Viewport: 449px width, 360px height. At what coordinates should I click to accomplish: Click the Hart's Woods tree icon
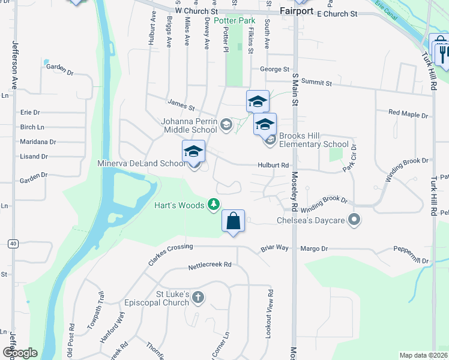coord(213,205)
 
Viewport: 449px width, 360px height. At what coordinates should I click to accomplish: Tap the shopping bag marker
coord(234,221)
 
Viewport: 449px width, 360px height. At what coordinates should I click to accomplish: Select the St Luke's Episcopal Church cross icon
coord(198,298)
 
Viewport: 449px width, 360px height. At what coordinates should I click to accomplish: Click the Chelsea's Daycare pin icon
coord(354,220)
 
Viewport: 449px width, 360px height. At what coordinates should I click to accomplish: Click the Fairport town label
coord(297,11)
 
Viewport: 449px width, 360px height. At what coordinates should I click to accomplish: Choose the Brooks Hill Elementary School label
coord(314,144)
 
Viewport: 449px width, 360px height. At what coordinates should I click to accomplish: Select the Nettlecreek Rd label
coord(209,265)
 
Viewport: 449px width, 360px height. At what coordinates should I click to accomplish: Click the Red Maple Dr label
coord(408,113)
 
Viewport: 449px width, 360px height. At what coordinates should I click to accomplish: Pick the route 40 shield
coord(12,243)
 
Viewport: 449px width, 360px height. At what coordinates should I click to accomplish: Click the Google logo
coord(19,353)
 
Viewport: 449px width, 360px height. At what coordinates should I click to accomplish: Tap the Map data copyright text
coord(423,355)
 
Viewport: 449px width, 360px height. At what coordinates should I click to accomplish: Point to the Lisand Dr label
coord(34,157)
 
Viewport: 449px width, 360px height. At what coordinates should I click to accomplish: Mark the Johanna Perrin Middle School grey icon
coord(226,125)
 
